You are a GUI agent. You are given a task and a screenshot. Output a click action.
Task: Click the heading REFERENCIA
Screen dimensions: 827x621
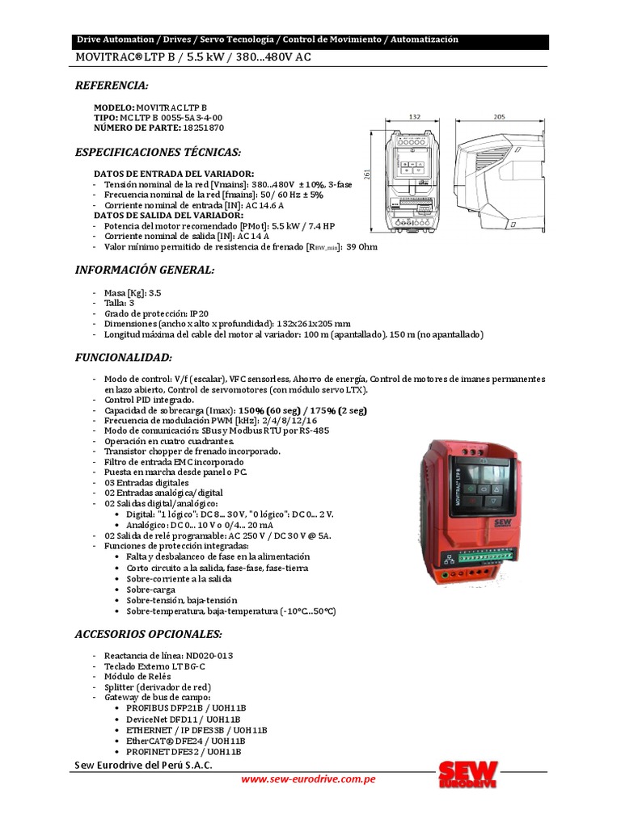[x=112, y=86]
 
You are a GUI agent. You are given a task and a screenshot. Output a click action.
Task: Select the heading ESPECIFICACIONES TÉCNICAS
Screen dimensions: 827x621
[x=158, y=152]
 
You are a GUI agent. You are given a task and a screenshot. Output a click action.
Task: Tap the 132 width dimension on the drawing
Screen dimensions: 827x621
[x=415, y=117]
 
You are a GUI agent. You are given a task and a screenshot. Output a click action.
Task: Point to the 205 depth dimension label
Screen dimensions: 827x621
[x=499, y=117]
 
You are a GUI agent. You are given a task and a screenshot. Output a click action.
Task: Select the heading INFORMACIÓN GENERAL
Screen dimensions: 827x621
[x=145, y=270]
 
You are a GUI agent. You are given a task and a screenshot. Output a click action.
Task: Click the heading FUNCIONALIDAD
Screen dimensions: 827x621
[x=123, y=357]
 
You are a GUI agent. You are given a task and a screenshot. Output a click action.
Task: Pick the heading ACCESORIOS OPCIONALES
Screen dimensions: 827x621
[x=148, y=634]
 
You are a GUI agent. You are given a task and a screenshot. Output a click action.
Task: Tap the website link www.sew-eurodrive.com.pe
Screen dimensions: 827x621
[x=308, y=779]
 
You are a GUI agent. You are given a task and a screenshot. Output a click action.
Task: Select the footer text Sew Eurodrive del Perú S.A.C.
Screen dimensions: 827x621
[x=144, y=765]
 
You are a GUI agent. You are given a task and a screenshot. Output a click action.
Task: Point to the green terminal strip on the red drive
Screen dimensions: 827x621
[x=486, y=556]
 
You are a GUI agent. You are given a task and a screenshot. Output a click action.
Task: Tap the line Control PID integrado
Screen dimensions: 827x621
[x=150, y=400]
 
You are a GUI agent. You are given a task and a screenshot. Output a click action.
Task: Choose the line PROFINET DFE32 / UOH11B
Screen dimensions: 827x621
[x=185, y=751]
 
